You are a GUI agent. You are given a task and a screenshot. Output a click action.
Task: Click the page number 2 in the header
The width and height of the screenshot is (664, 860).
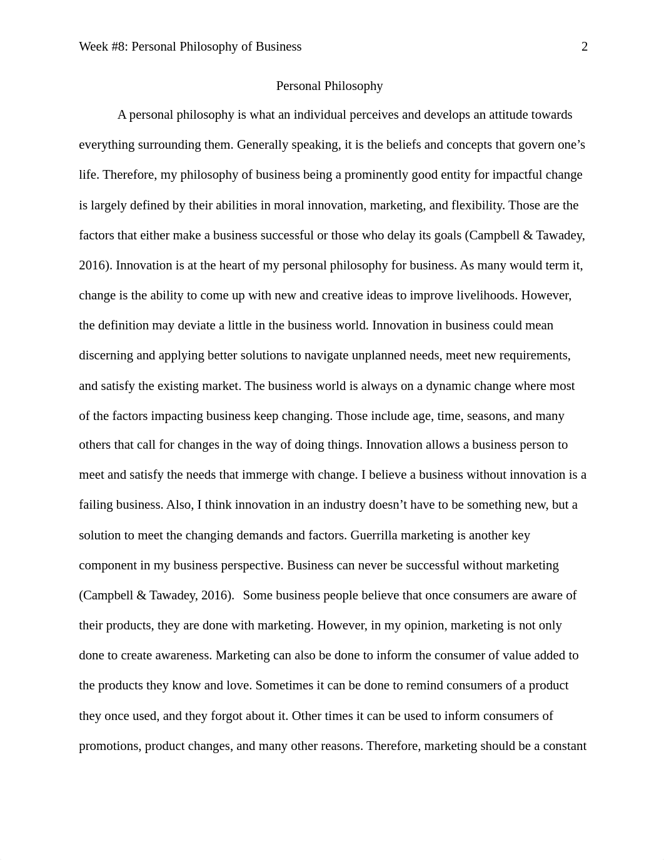585,47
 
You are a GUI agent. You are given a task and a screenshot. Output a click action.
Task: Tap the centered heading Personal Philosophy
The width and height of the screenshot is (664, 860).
329,86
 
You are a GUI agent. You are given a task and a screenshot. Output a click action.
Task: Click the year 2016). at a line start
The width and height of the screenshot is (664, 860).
96,266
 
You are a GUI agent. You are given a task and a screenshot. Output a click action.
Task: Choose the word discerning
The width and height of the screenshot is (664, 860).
106,356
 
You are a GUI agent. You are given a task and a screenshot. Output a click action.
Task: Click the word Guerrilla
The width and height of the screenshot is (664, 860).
374,536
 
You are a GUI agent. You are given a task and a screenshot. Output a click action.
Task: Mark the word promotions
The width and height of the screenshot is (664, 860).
109,746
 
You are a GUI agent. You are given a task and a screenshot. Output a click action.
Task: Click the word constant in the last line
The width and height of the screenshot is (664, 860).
565,746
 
